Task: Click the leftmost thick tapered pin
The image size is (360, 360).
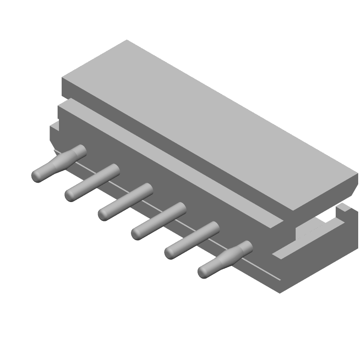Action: pyautogui.click(x=58, y=163)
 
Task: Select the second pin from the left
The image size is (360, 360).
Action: pyautogui.click(x=92, y=182)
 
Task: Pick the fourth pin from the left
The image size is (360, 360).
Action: pyautogui.click(x=159, y=220)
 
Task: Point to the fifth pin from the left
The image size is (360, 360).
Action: pyautogui.click(x=192, y=240)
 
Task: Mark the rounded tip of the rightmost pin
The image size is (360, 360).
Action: pyautogui.click(x=203, y=271)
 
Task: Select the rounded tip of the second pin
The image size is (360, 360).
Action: pyautogui.click(x=70, y=195)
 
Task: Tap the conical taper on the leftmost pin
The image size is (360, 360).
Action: pyautogui.click(x=63, y=160)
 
